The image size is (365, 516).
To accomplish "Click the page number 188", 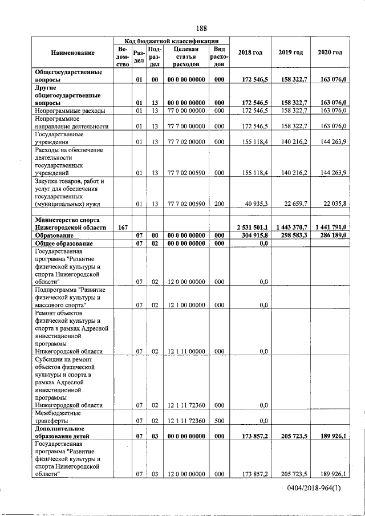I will pos(201,29).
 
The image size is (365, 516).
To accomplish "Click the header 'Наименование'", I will pos(72,52).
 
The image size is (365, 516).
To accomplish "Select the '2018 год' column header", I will pos(250,52).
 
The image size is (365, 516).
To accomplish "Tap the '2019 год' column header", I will pos(291,52).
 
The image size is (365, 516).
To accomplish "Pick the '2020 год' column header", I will pos(330,52).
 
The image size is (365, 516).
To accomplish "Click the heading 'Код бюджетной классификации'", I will pos(172,40).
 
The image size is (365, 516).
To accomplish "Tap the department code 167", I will pos(122,227).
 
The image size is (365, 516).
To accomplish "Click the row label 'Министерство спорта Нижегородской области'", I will pos(71,224).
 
